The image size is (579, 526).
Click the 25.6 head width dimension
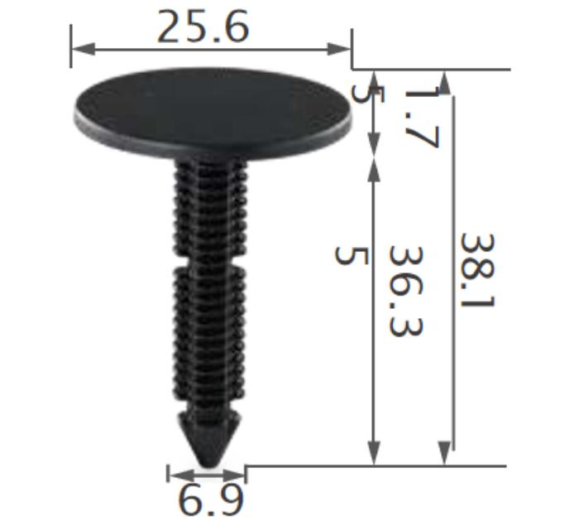point(203,27)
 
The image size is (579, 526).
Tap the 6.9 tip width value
point(210,500)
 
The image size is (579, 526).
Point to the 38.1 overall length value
point(476,270)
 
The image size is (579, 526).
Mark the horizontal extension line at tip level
point(372,466)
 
